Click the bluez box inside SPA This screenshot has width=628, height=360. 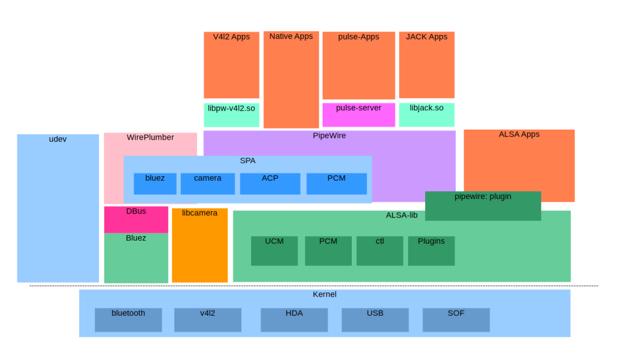[155, 184]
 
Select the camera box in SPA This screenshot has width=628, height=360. [208, 184]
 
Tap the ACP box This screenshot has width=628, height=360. [270, 184]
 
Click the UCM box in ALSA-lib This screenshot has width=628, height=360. [274, 251]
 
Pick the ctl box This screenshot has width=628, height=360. [380, 251]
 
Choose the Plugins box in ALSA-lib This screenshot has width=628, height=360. [431, 251]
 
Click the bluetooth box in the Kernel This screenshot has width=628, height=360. [128, 320]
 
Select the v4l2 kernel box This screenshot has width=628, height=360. [208, 320]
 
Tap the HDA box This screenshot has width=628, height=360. [294, 320]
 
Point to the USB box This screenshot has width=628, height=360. [375, 320]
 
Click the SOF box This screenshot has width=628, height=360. [456, 320]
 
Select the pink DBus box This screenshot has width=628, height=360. [136, 219]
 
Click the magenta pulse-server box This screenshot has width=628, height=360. [359, 115]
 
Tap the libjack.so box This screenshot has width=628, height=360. [426, 115]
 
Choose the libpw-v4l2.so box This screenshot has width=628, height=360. [231, 115]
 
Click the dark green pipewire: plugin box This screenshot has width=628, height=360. [483, 206]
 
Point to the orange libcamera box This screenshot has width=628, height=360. [199, 245]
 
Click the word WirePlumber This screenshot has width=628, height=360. [150, 138]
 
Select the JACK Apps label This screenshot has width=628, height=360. [426, 37]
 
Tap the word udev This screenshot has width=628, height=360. [58, 139]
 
